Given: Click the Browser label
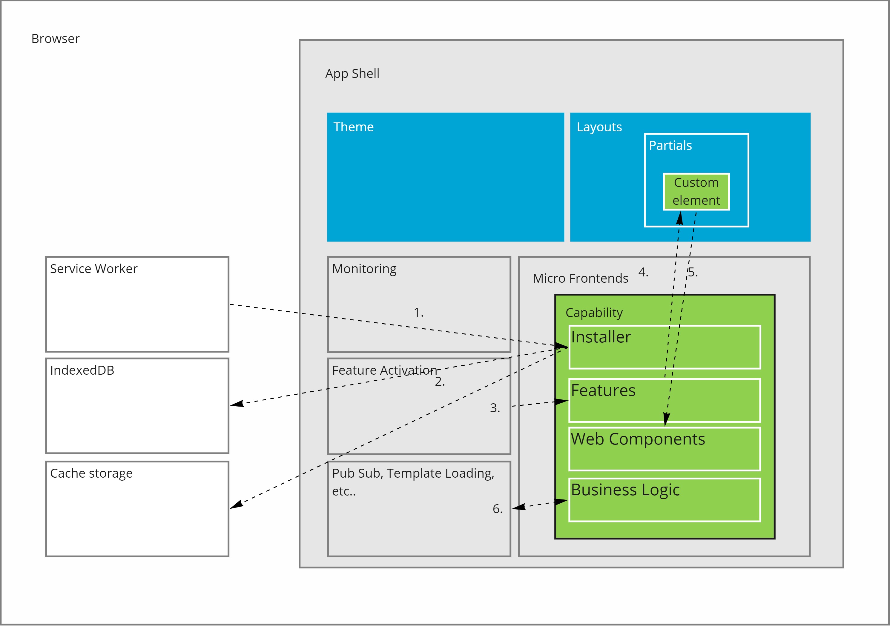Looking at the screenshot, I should [x=56, y=39].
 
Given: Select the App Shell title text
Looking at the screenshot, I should [x=352, y=74].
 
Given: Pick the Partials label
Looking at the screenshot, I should [x=670, y=146].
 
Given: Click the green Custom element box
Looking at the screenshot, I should [x=696, y=192].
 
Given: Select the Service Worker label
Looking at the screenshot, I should [x=93, y=269].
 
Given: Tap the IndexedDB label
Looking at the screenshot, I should [x=82, y=370].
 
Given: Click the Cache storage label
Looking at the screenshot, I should [x=91, y=473].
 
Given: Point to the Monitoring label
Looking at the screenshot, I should [x=364, y=269].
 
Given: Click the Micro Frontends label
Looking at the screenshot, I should [x=580, y=279].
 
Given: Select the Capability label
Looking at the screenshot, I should [x=594, y=313].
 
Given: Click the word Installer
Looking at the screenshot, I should [x=601, y=337].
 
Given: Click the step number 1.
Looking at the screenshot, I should [x=418, y=312].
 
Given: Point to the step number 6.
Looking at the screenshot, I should [x=497, y=509].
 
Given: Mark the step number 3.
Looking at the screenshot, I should [x=495, y=408].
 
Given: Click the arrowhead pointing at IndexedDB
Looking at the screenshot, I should [x=237, y=404].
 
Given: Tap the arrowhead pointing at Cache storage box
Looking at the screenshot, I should [x=236, y=505].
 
